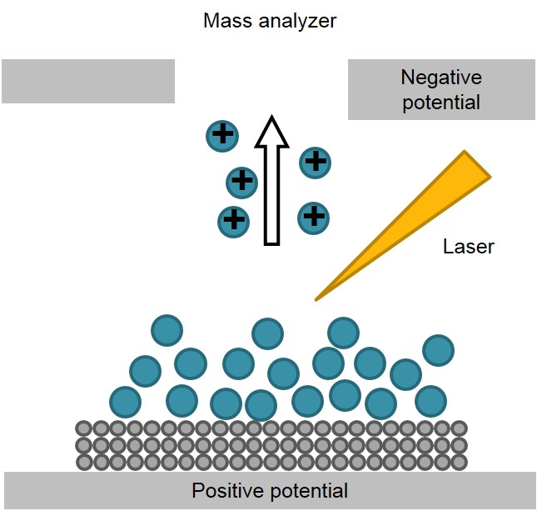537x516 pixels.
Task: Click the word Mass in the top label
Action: pyautogui.click(x=224, y=20)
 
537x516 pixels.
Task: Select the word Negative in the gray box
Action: pyautogui.click(x=440, y=78)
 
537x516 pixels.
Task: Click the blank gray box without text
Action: pyautogui.click(x=88, y=81)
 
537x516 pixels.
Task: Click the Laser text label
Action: pyautogui.click(x=468, y=247)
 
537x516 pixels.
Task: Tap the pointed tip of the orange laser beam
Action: pyautogui.click(x=316, y=298)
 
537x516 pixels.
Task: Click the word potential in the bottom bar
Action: pyautogui.click(x=311, y=491)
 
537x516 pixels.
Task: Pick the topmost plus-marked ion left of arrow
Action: pyautogui.click(x=222, y=134)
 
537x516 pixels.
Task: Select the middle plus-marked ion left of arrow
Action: pyautogui.click(x=242, y=180)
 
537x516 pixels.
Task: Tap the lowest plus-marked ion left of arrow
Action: pyautogui.click(x=233, y=221)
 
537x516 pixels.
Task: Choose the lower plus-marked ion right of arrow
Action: pyautogui.click(x=313, y=218)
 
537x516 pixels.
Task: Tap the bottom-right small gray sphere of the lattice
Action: pyautogui.click(x=459, y=461)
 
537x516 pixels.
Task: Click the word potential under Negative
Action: pyautogui.click(x=440, y=103)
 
